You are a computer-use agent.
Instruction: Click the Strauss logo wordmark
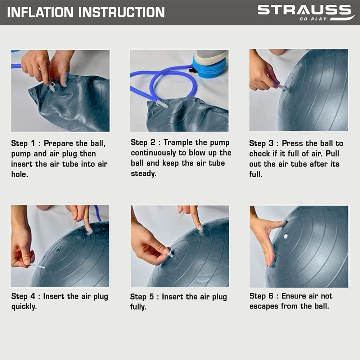[305, 10]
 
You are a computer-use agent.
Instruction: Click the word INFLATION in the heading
[40, 12]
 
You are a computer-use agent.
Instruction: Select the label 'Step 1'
[23, 143]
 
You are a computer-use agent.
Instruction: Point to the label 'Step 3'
[261, 143]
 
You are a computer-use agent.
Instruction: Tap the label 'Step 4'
[23, 296]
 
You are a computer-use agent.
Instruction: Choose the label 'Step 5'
[142, 297]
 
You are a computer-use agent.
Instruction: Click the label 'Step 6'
[261, 296]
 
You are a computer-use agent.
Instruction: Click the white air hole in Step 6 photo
[285, 236]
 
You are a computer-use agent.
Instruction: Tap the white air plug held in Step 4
[37, 266]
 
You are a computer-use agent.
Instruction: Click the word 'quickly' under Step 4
[24, 306]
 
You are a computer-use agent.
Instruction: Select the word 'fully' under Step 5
[138, 307]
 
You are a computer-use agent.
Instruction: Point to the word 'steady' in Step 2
[144, 174]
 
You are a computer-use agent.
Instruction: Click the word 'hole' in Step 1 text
[20, 174]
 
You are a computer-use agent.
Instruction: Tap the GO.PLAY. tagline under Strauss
[314, 19]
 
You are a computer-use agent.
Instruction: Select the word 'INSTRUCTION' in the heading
[122, 12]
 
